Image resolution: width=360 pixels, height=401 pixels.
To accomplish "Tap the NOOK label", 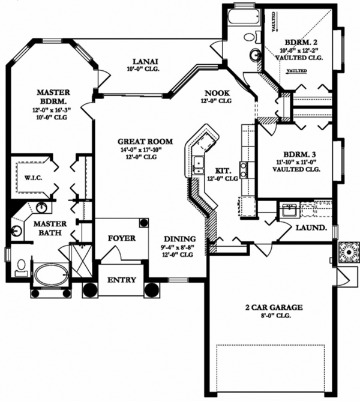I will [x=214, y=93].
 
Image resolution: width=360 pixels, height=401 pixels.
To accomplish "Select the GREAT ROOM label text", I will [x=145, y=142].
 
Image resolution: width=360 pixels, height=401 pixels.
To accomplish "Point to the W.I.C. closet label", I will [x=23, y=178].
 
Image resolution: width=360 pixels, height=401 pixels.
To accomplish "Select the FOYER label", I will [x=121, y=238].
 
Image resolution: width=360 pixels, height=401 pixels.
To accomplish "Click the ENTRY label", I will [x=121, y=280].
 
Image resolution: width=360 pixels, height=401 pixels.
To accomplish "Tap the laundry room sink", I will [x=289, y=211].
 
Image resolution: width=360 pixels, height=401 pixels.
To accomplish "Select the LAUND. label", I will [x=311, y=228].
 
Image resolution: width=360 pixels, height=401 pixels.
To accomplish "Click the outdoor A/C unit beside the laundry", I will [x=347, y=252].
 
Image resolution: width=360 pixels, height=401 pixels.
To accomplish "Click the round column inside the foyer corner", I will [x=144, y=223].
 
